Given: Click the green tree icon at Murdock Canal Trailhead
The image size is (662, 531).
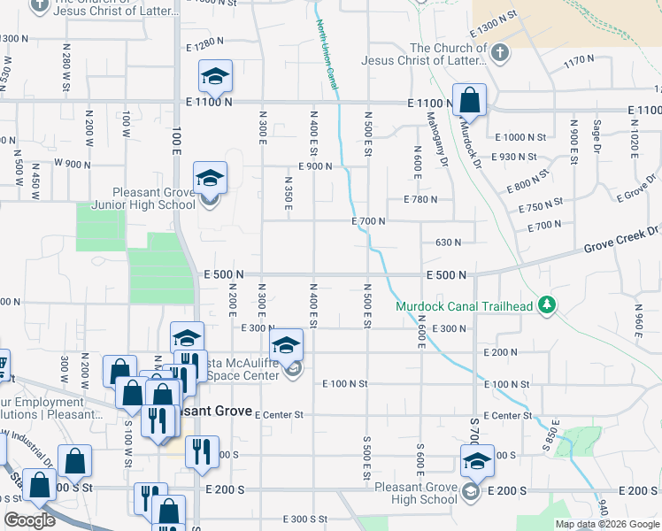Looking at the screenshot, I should (548, 306).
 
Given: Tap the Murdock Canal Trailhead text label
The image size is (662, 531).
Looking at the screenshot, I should (464, 306).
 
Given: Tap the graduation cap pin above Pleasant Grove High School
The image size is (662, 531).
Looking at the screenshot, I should (477, 462).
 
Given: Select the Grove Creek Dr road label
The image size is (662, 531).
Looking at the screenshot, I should (621, 239).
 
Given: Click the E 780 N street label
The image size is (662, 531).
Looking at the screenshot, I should (420, 200).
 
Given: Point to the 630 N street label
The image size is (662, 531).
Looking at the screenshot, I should (449, 242).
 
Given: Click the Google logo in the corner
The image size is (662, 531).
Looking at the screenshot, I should (30, 520).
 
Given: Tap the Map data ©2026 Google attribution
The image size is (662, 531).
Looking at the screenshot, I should (606, 524).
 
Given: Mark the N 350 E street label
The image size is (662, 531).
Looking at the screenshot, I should (289, 194).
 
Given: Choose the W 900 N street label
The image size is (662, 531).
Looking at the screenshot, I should (73, 163).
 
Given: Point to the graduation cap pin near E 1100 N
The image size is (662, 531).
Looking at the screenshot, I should (214, 77).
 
